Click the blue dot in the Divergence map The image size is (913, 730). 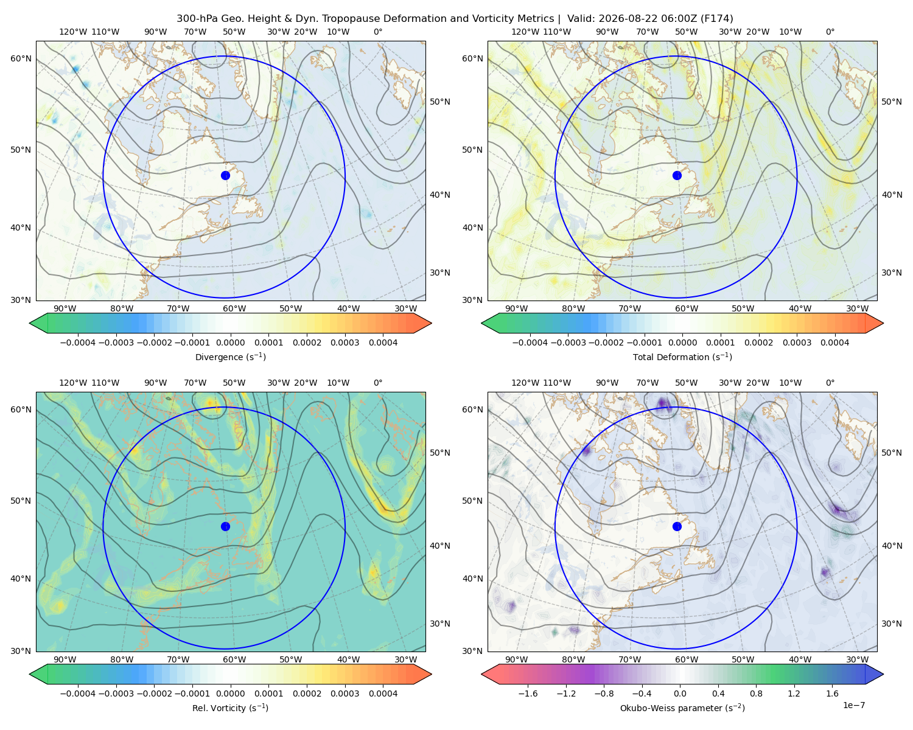(x=225, y=175)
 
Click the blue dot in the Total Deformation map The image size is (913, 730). (x=677, y=175)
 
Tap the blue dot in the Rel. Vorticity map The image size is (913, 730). (x=225, y=526)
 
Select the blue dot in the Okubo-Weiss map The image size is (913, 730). (x=677, y=526)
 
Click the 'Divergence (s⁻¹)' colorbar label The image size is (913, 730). (x=230, y=356)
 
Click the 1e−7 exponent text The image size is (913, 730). (x=853, y=705)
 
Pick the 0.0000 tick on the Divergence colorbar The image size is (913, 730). (x=230, y=342)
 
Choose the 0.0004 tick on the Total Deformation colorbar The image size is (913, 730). (x=834, y=342)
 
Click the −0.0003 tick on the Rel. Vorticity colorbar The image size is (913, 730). (x=116, y=693)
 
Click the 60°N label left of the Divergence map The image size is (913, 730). (x=21, y=58)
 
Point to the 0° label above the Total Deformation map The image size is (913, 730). (x=830, y=32)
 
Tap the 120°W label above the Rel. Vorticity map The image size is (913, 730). (x=73, y=383)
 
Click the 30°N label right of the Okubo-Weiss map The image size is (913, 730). (x=892, y=624)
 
